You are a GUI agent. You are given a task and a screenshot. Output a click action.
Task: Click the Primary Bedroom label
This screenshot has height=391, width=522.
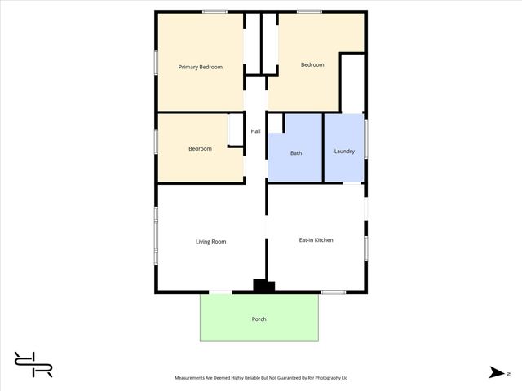coord(201,67)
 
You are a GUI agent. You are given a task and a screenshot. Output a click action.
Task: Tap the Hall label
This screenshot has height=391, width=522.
coord(255,131)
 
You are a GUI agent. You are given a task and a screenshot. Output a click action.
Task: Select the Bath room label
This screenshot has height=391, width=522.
coord(296,152)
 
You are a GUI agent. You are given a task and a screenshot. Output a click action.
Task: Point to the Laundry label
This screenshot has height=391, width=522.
coord(344,151)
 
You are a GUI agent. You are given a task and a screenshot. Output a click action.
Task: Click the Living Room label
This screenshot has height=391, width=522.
coord(210,241)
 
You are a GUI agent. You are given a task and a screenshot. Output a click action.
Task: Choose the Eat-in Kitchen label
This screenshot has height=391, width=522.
coord(316,239)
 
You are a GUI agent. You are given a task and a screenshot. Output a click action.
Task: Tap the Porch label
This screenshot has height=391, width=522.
coord(259,319)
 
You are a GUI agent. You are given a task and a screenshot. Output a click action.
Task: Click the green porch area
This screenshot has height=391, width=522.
coord(228,326)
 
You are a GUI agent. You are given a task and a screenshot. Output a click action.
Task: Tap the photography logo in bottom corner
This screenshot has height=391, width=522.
coord(33,363)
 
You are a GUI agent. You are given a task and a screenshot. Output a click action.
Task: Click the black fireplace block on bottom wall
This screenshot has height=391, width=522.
coord(263,286)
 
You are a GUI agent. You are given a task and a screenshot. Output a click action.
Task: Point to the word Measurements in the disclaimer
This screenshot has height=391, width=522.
coord(195,378)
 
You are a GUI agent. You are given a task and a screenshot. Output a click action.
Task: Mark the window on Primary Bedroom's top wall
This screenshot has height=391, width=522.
coord(215,11)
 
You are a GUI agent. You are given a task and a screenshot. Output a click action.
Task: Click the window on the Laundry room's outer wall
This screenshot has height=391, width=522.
coord(366,138)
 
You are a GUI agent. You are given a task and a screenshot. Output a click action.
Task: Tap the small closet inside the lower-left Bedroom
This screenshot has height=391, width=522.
coord(236,130)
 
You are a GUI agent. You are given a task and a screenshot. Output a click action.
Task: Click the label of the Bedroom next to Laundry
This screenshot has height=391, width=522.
coord(312,65)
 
